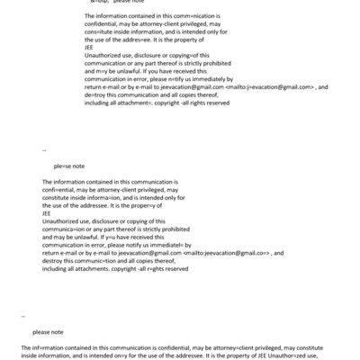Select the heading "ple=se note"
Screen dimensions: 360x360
pos(68,166)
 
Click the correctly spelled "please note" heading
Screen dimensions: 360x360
pos(48,331)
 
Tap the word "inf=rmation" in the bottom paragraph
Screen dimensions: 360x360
pos(50,346)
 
